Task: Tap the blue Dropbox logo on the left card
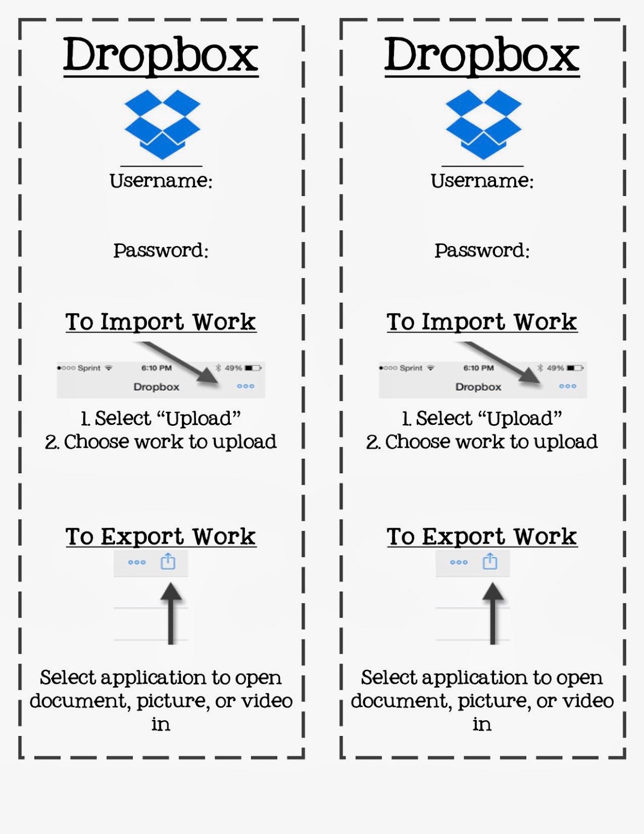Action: point(162,125)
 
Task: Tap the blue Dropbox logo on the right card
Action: point(484,125)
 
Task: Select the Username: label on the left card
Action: point(161,180)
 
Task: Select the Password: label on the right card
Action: point(482,250)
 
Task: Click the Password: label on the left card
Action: point(161,250)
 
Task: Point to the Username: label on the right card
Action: point(482,180)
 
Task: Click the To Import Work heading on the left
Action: point(160,322)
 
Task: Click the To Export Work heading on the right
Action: point(482,536)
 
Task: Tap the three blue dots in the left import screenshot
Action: point(245,386)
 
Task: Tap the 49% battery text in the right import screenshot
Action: point(555,368)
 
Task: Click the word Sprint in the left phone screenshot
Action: point(89,368)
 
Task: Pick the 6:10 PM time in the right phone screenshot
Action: point(478,368)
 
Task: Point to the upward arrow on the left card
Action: point(171,614)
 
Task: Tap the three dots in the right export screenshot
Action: point(459,562)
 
